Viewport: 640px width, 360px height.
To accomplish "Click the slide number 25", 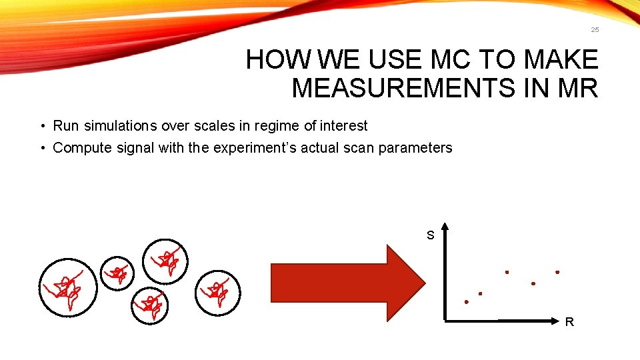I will pyautogui.click(x=595, y=30).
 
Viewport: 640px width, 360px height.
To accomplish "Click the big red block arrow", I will pyautogui.click(x=347, y=283).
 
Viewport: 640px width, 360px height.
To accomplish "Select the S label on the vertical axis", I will pyautogui.click(x=430, y=235).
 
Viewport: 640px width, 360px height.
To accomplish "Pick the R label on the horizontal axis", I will pyautogui.click(x=569, y=323).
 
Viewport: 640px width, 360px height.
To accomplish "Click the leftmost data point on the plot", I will pyautogui.click(x=467, y=302).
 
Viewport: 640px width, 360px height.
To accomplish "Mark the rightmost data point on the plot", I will pyautogui.click(x=557, y=272).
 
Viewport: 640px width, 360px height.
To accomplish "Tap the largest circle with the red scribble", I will pyautogui.click(x=67, y=287).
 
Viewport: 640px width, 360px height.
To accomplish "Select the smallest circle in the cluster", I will pyautogui.click(x=117, y=271).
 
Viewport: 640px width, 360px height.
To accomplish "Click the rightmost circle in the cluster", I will pyautogui.click(x=217, y=291).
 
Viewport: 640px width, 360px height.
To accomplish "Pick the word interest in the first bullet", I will pyautogui.click(x=343, y=125).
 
